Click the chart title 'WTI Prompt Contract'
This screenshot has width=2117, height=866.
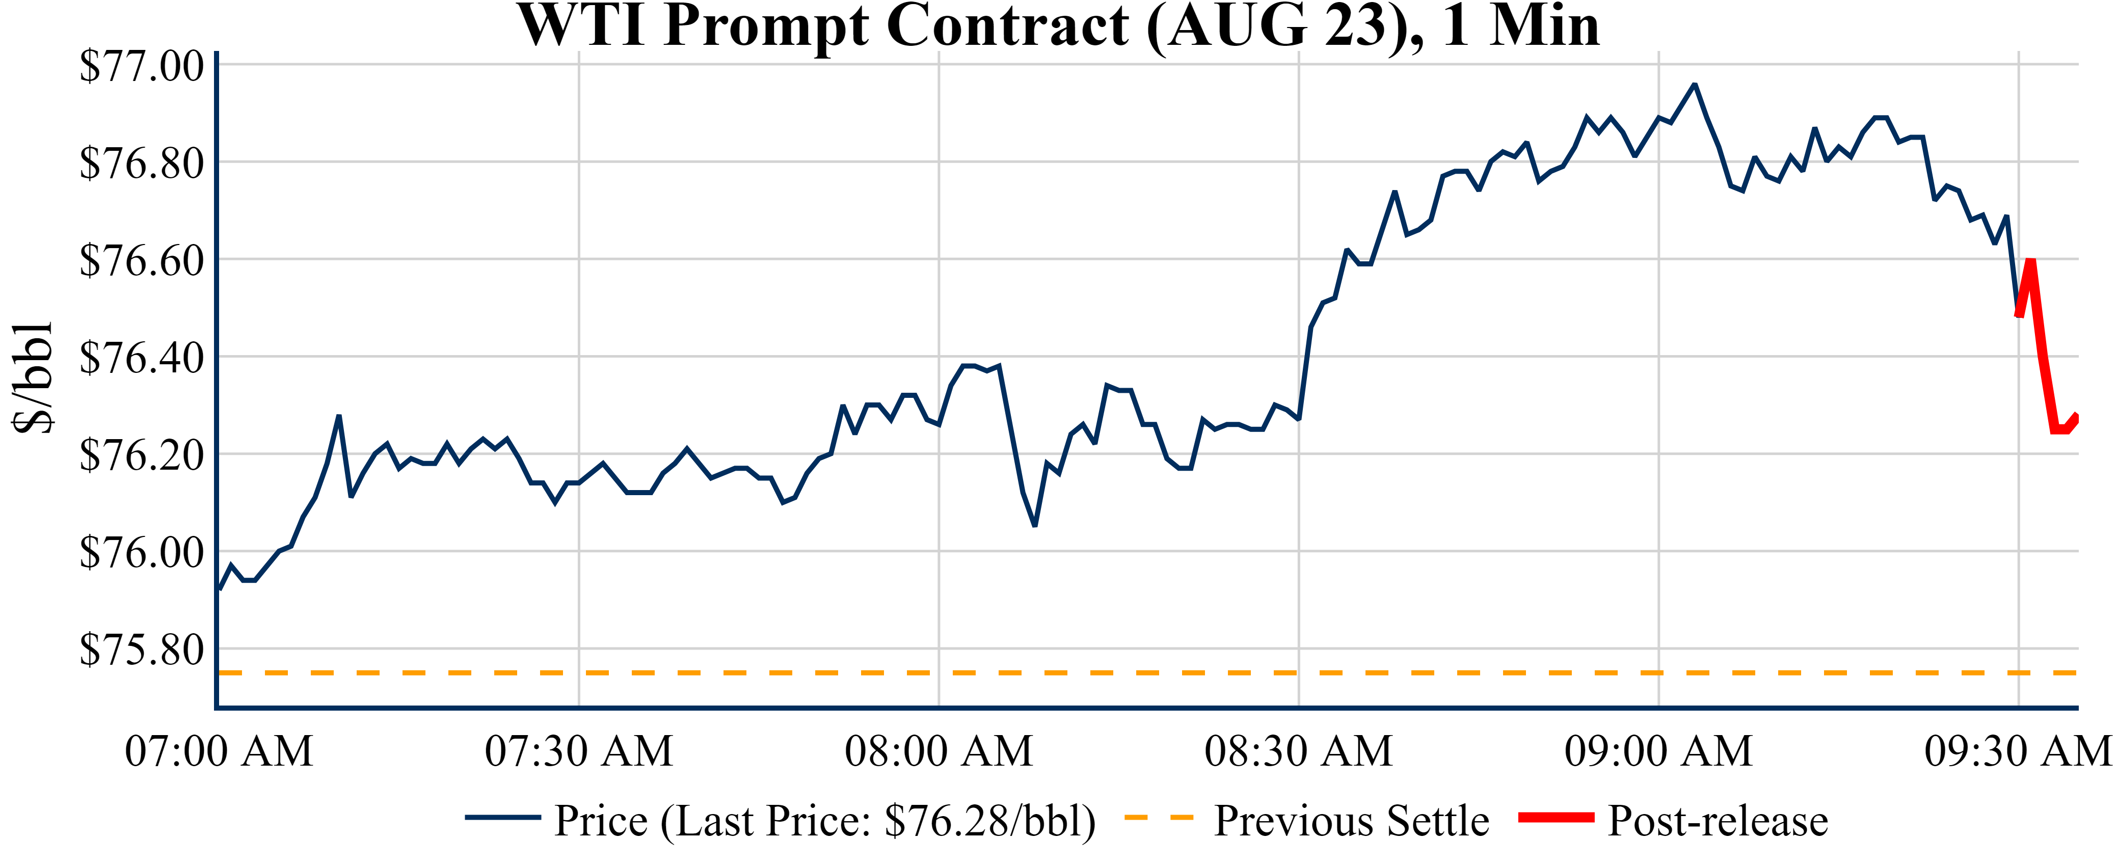(1059, 26)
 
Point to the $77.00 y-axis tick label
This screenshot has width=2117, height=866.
(141, 66)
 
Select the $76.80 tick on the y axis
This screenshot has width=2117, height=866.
(141, 163)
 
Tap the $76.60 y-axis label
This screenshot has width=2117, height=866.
(141, 260)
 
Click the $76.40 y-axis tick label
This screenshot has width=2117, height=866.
(141, 358)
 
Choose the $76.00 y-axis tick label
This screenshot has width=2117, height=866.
(141, 552)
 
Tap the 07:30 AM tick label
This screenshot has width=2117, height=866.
(579, 751)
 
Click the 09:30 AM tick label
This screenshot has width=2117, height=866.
(2018, 751)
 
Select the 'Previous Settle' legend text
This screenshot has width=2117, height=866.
(1351, 820)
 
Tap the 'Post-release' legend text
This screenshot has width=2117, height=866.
(1718, 820)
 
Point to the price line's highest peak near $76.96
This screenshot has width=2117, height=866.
(1694, 85)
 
